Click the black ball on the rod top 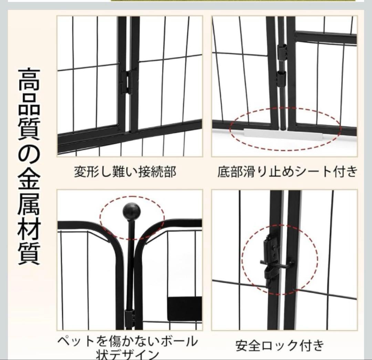point(132,211)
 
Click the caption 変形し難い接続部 point(125,171)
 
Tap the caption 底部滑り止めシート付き point(287,171)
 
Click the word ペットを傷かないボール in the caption point(127,341)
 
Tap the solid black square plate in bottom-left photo point(184,308)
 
